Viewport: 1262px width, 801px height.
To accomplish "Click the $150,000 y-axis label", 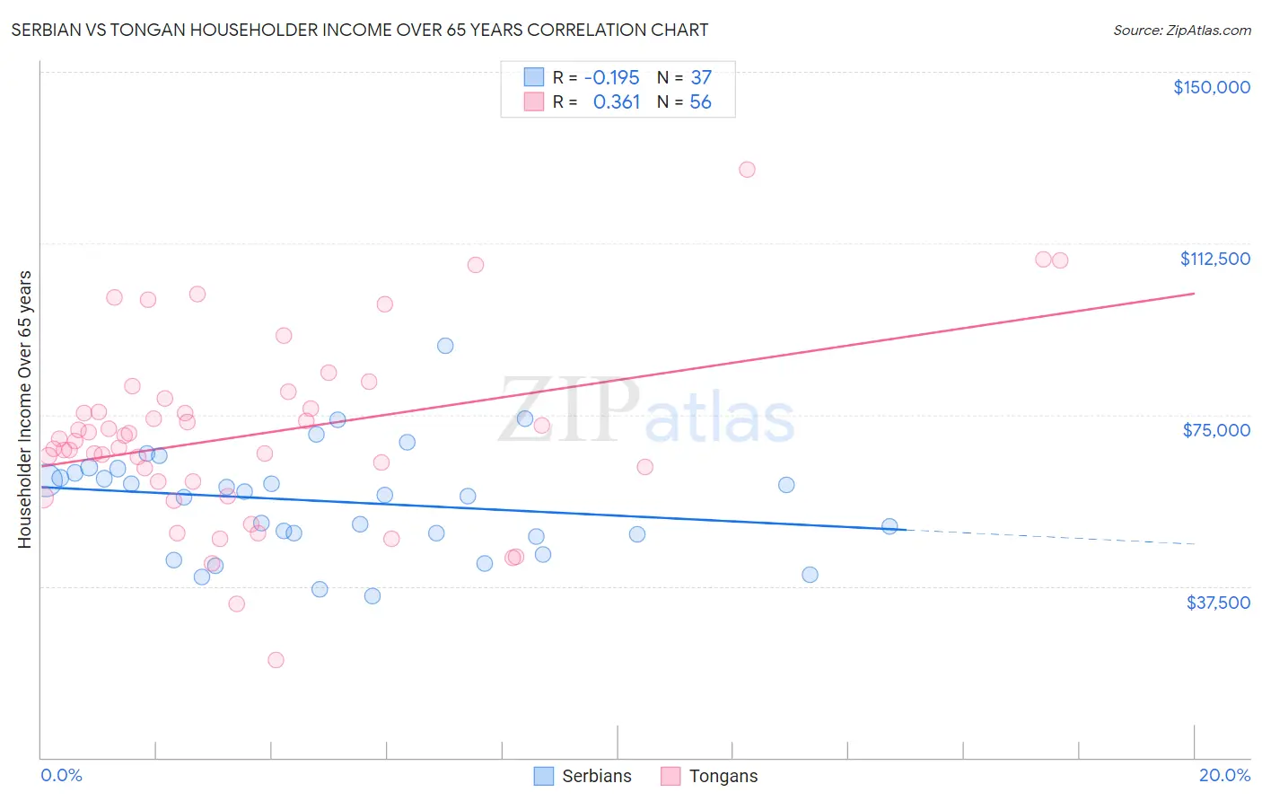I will coord(1211,87).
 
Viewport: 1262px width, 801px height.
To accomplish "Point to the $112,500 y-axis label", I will coord(1214,259).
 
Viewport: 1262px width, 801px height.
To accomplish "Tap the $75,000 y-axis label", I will coord(1216,430).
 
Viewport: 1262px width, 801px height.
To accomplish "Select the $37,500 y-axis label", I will coord(1218,603).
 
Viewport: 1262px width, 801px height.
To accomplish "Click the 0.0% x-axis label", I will coord(61,775).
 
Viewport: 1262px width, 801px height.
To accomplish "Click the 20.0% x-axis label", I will coord(1224,775).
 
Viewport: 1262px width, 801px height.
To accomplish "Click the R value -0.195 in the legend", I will coord(611,77).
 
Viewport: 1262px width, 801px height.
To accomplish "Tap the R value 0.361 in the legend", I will coord(617,102).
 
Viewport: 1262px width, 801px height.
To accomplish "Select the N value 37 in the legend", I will coord(700,77).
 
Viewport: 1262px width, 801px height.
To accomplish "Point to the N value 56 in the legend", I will coord(700,102).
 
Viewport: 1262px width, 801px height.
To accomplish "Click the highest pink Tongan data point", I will coord(747,170).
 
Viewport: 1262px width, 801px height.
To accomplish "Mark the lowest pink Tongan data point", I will coord(276,660).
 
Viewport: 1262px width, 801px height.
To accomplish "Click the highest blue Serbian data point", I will coord(445,346).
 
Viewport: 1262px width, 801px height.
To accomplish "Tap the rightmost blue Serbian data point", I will coord(890,526).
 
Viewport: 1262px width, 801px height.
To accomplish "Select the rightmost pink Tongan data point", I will coord(1060,260).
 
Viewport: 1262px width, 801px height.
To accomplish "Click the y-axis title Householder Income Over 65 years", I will coord(24,409).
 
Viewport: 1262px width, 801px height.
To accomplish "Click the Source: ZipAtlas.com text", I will coord(1181,31).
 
